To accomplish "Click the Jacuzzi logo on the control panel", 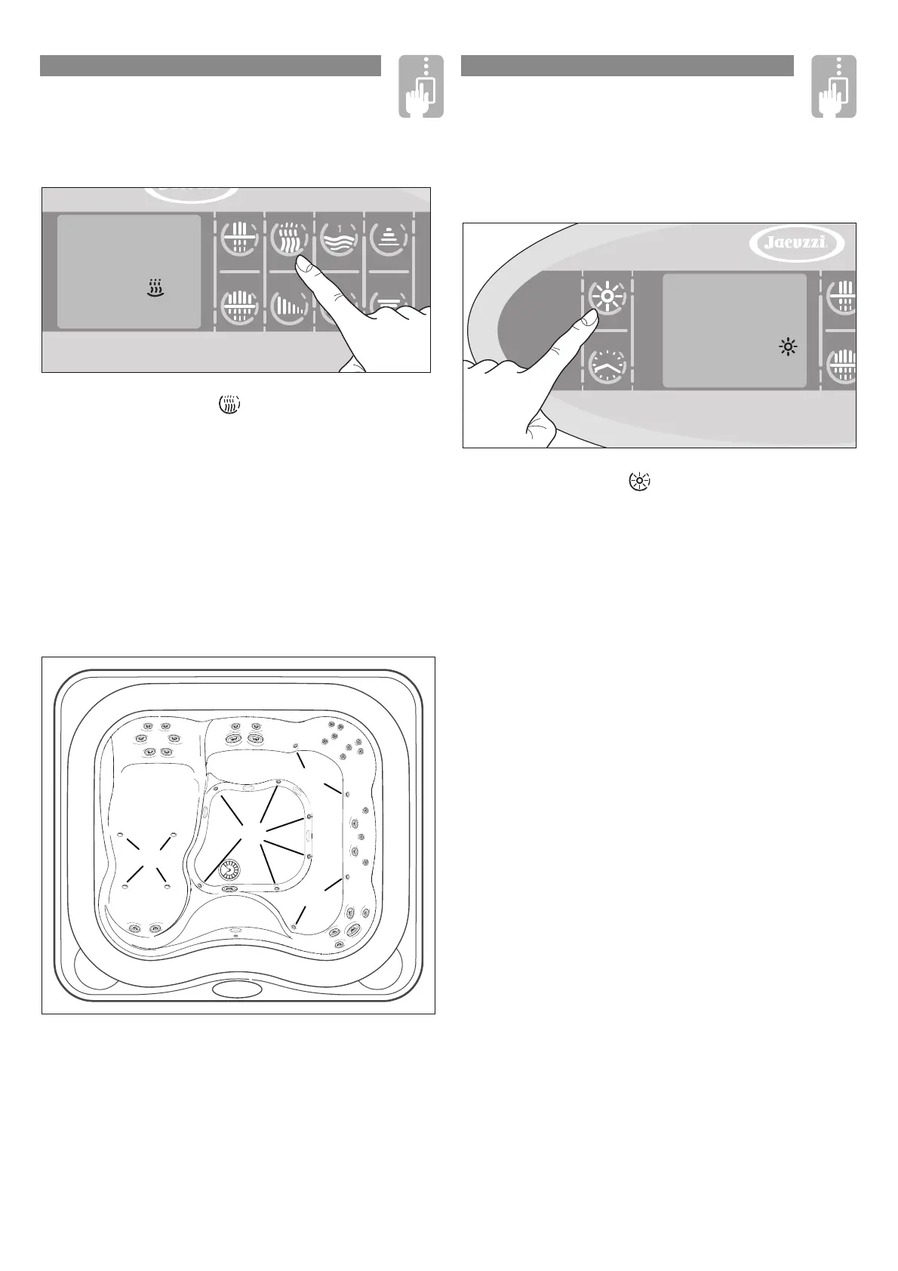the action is pos(797,244).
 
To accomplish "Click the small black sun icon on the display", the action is pos(789,347).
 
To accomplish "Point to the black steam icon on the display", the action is pos(155,288).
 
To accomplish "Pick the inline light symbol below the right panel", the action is pos(639,481).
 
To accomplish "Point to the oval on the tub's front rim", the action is pos(237,989).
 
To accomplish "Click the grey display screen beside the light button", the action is pos(733,331).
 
